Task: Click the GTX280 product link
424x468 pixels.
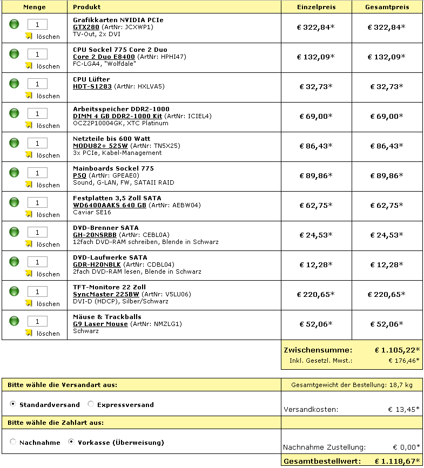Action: click(86, 27)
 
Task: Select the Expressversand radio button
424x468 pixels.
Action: click(91, 404)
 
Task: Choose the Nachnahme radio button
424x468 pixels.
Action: click(13, 442)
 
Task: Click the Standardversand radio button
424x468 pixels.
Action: click(13, 404)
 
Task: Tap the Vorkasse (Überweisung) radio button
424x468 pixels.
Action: click(71, 442)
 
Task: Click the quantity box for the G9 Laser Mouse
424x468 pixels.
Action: click(37, 321)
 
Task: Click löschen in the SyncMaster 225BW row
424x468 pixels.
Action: click(48, 304)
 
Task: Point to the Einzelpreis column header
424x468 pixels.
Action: click(316, 7)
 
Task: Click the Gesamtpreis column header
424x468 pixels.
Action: click(387, 7)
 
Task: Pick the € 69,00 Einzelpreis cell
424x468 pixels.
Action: click(316, 116)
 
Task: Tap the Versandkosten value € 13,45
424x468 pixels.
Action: click(403, 410)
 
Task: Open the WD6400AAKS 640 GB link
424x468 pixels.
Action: click(110, 205)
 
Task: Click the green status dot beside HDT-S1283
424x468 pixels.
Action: click(15, 84)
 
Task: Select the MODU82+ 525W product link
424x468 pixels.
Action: click(100, 146)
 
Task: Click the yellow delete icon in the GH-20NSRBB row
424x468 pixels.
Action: click(29, 243)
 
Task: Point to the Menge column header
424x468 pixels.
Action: click(35, 7)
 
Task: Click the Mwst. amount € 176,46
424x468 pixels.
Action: click(403, 360)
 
